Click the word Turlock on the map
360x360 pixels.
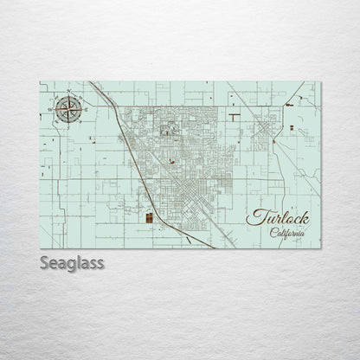point(278,216)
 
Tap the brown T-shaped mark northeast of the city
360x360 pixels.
point(235,113)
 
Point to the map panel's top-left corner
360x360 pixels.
point(40,81)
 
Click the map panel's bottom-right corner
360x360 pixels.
point(321,249)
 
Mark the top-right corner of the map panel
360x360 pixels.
point(321,81)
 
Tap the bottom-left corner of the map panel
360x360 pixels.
point(40,249)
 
